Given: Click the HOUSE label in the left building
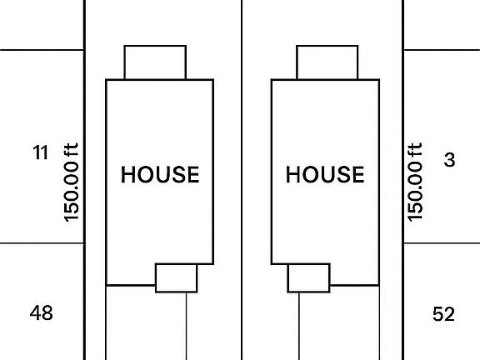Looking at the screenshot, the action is (x=160, y=174).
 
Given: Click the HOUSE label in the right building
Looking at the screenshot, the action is (x=325, y=174).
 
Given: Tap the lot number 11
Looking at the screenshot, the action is (x=40, y=152).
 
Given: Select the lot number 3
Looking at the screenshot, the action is (x=449, y=159).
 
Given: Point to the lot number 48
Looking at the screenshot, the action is (x=42, y=312).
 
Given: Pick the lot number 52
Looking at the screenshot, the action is (x=443, y=314).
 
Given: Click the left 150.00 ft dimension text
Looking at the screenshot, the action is (x=72, y=182).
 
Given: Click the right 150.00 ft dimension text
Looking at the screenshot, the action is (x=415, y=182).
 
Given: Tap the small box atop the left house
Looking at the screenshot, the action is (x=155, y=62).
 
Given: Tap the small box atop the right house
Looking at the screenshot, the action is (x=327, y=62).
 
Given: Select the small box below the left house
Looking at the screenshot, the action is (x=177, y=278).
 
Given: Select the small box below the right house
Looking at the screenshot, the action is (x=309, y=278).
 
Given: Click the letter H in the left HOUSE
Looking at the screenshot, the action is (x=128, y=174).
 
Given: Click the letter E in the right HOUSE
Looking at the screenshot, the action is (x=358, y=174).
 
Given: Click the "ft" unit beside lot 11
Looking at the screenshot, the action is (x=72, y=150).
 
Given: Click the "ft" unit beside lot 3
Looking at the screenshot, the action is (x=415, y=150).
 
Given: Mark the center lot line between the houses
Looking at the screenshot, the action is (x=242, y=180).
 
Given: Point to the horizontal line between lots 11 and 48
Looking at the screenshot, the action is (x=42, y=243).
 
